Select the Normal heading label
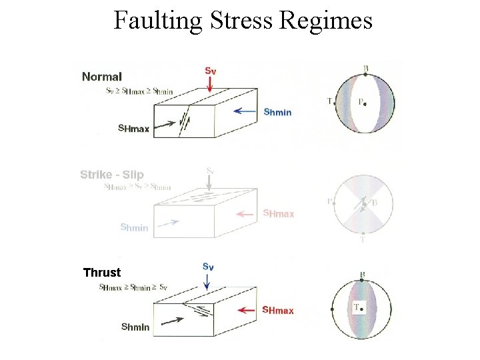click(x=101, y=77)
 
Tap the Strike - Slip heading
click(x=112, y=175)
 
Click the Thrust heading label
click(x=102, y=272)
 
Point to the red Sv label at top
click(x=209, y=70)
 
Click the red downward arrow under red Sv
click(x=209, y=83)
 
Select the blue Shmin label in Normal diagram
click(x=277, y=112)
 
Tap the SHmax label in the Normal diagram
click(x=133, y=129)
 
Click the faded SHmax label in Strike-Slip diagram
click(x=278, y=213)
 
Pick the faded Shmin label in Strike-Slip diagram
click(x=134, y=227)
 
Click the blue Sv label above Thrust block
click(x=207, y=267)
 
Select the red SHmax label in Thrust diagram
click(x=277, y=310)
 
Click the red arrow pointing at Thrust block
click(x=247, y=310)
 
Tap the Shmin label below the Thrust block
click(x=135, y=327)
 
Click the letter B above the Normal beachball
click(x=365, y=68)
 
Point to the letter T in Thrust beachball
click(x=357, y=307)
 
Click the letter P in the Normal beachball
click(x=361, y=102)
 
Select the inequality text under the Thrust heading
click(x=133, y=287)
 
